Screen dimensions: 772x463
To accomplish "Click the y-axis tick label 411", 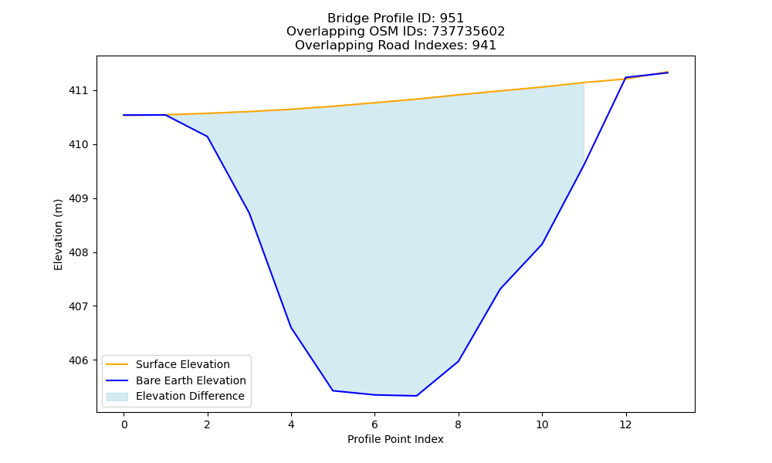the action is [78, 91].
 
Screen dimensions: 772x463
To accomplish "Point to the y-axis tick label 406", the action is [78, 360].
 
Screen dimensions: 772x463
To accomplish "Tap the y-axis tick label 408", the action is [78, 253].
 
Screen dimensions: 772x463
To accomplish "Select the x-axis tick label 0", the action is [124, 424].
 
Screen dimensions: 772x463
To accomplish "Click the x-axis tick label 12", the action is [626, 424].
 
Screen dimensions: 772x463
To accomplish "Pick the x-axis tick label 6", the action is [374, 424].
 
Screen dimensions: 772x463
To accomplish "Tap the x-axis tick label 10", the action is [542, 424].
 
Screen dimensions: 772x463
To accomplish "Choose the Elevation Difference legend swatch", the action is [117, 397].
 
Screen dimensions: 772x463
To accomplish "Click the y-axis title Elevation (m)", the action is [59, 235].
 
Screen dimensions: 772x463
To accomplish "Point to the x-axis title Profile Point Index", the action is [395, 439].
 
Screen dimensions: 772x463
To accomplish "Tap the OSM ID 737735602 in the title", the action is [469, 32].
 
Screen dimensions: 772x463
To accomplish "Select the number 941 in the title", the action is [484, 46].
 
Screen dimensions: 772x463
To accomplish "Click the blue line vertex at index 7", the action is [417, 396].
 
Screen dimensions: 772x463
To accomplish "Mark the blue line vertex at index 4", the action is [291, 327].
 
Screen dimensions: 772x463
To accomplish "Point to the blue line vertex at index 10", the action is [542, 244].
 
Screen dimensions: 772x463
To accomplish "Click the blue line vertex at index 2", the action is [207, 137].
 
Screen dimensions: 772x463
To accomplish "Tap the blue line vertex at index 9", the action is [500, 289].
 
